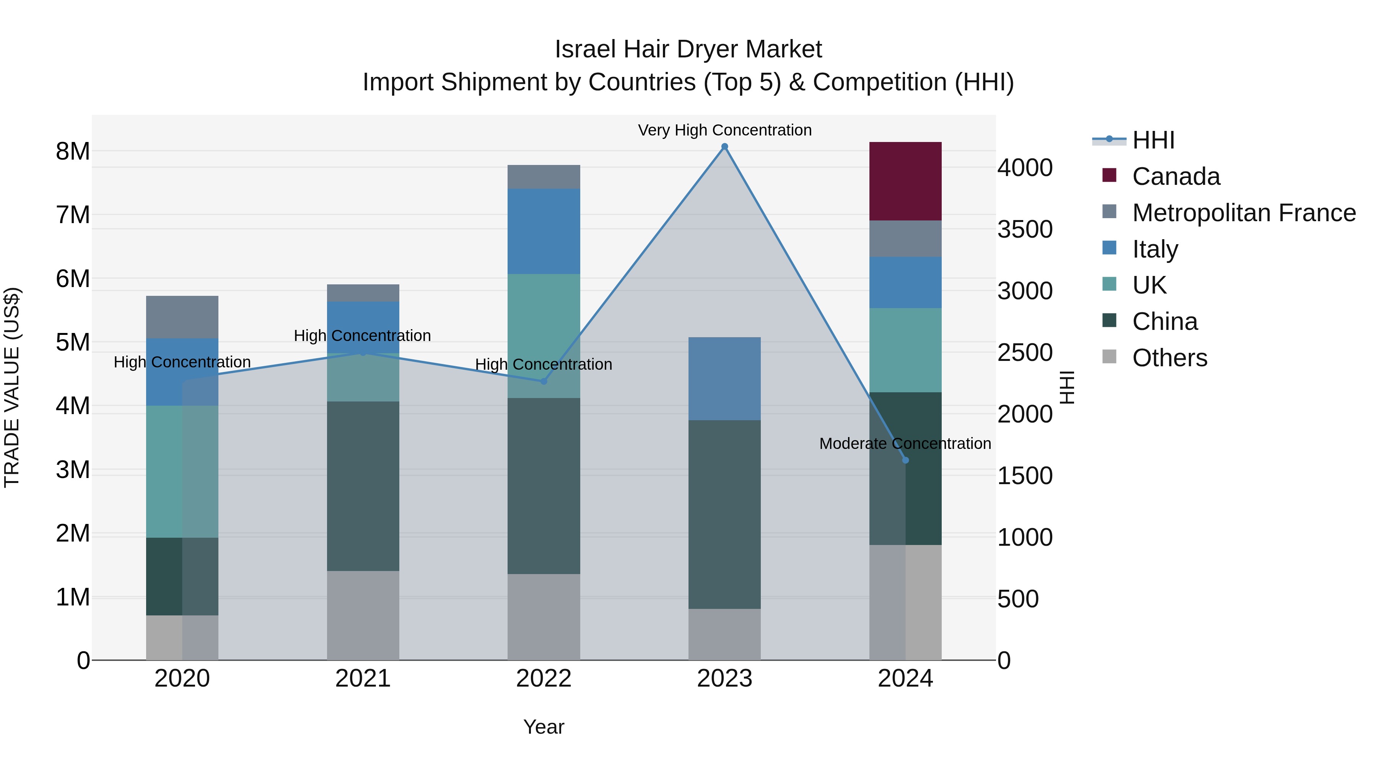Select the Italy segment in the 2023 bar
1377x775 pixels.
coord(724,378)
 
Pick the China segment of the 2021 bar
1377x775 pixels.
coord(363,486)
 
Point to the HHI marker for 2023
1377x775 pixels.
coord(724,147)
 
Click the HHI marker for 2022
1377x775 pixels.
coord(544,381)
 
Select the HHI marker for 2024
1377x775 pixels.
coord(905,460)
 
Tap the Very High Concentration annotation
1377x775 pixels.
coord(724,130)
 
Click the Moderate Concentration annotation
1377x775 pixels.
coord(905,444)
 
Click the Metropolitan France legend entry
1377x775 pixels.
coord(1244,212)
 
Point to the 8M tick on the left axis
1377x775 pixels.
coord(73,151)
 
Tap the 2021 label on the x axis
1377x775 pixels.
coord(363,679)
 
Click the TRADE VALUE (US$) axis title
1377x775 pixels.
coord(12,387)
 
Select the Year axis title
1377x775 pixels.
coord(544,727)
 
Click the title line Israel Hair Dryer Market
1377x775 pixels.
coord(688,49)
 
